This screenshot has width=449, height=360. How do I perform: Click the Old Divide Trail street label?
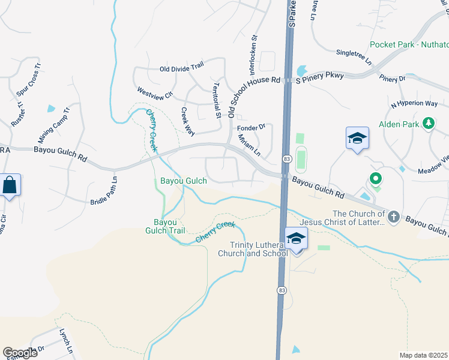pos(182,69)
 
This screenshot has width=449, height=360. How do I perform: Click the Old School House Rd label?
pos(254,79)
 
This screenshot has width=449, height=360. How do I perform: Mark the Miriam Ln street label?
pos(249,145)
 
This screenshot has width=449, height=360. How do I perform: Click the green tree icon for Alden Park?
pos(428,124)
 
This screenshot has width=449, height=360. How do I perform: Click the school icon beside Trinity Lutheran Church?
pos(297,238)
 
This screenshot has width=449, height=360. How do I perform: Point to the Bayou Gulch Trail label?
pos(164,226)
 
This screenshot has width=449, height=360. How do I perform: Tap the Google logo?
pos(20,353)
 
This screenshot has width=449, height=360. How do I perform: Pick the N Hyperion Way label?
pos(414,104)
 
